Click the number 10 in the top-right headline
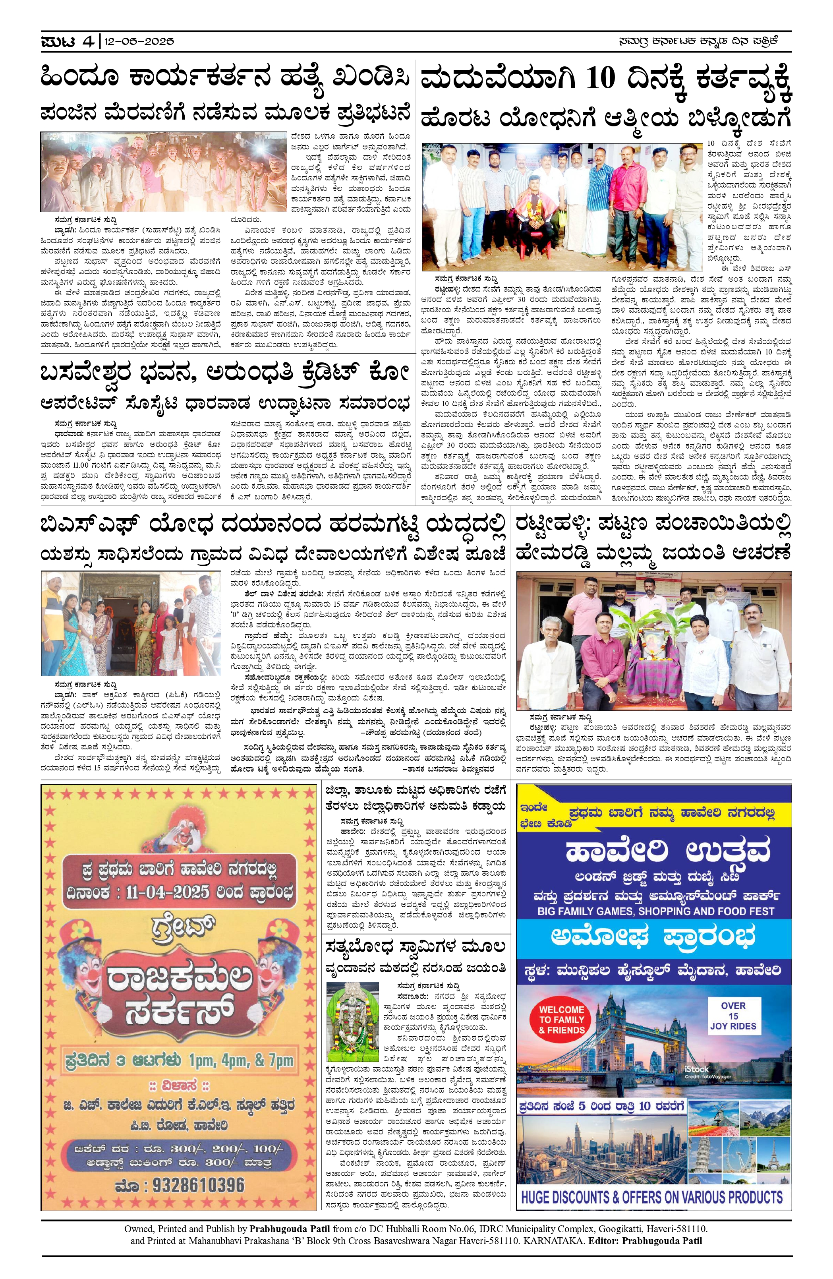click(x=600, y=78)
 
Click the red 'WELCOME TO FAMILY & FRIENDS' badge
click(x=562, y=1020)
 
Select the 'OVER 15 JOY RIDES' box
click(x=733, y=1015)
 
